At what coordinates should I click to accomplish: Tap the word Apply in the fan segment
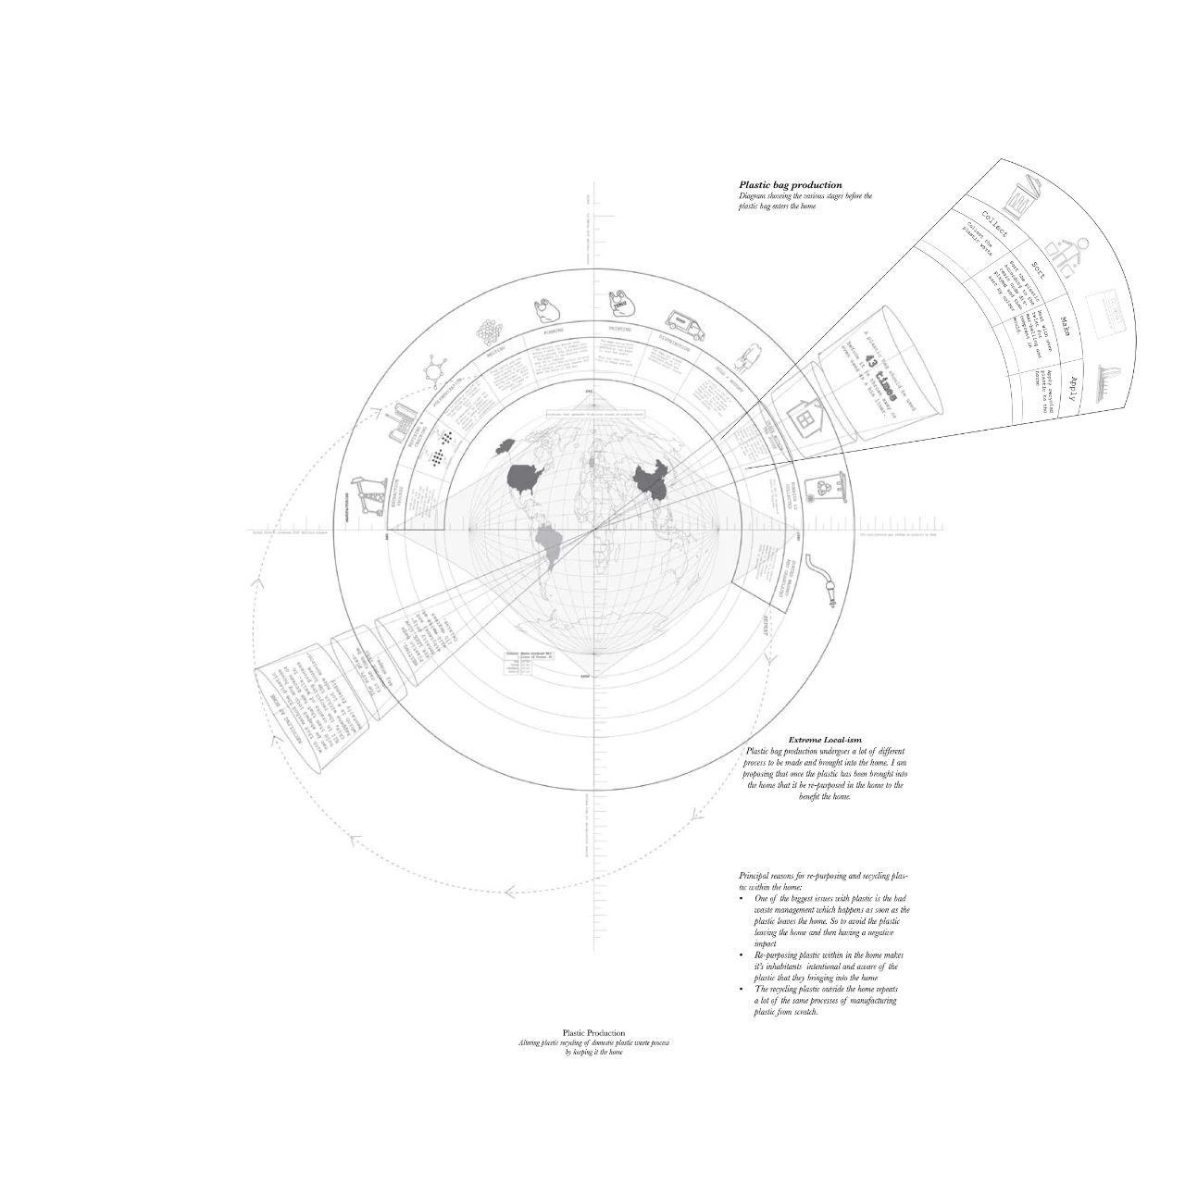coord(1072,386)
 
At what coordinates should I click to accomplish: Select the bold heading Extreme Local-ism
coord(824,740)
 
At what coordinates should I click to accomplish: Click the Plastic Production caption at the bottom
coord(593,1032)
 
